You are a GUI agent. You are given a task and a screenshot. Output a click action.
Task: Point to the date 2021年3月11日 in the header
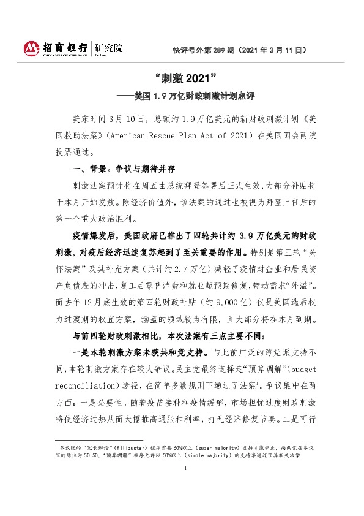click(273, 53)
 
